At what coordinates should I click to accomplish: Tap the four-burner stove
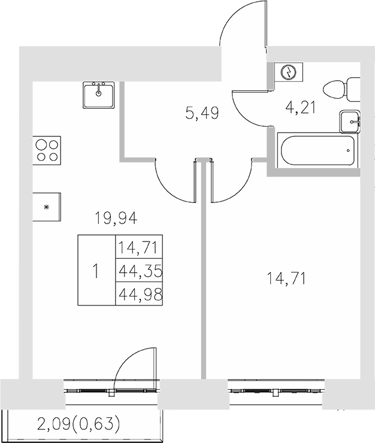coord(46,149)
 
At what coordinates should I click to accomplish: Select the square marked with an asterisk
coord(47,207)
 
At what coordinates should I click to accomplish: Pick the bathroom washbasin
coord(349,122)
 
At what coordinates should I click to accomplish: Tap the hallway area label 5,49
coord(202,112)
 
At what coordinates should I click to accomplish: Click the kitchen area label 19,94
coord(116,219)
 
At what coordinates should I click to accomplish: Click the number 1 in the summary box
coord(96,270)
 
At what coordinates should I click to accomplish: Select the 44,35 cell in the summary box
coord(140,270)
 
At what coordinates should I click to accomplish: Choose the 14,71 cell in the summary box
coord(140,247)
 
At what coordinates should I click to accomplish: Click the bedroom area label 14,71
coord(286,278)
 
